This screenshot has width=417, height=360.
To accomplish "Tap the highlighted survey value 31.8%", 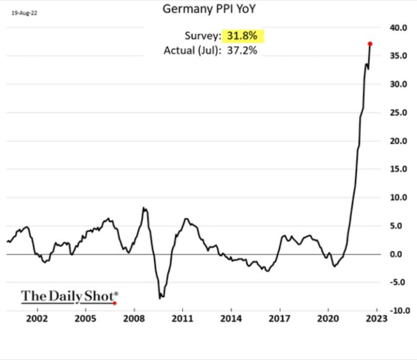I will [243, 36].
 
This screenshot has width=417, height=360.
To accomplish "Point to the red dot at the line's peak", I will [370, 43].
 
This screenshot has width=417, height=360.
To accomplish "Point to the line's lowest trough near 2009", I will [160, 298].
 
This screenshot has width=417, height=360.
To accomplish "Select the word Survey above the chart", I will [201, 36].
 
